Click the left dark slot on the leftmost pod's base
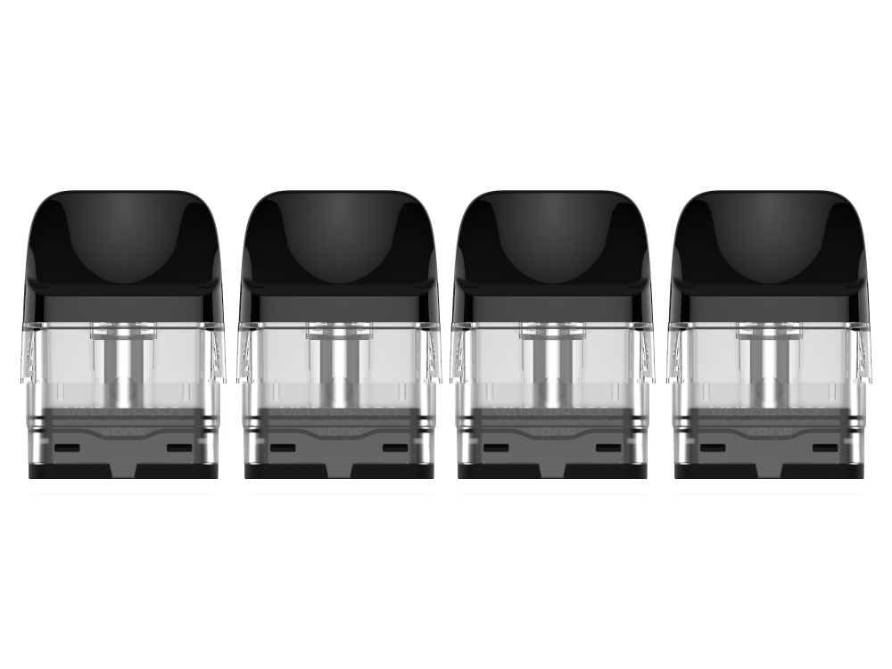[67, 446]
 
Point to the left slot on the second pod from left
[282, 446]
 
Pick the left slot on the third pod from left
[497, 446]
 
